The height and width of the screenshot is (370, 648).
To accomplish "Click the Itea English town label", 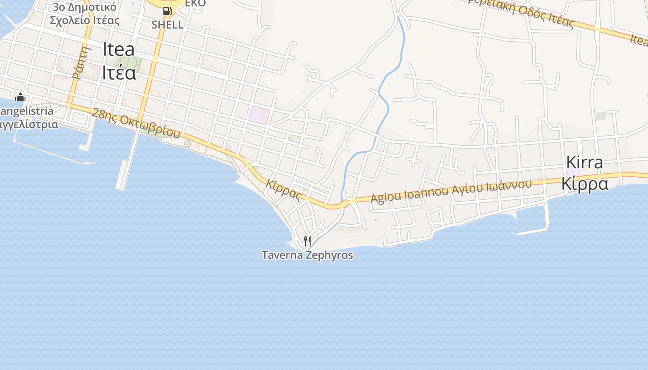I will pos(119,49).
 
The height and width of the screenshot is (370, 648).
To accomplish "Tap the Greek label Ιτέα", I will pos(119,72).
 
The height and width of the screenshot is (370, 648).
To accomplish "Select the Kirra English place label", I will pos(585,162).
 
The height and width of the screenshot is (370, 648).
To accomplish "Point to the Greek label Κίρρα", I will pos(585,183).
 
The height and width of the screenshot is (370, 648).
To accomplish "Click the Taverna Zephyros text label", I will pos(307,255).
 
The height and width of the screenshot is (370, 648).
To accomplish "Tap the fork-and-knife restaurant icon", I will pos(307,241).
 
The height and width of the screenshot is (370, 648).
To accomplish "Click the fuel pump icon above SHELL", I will pos(168,11).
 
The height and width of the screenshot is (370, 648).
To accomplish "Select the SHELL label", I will pos(168,25).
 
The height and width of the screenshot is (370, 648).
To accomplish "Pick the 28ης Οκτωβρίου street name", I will pos(136,123).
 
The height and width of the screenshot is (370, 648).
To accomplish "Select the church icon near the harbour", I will pos(20,98).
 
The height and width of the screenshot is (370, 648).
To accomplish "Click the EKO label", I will pos(195,3).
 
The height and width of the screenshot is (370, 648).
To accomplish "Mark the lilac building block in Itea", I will pos(259,115).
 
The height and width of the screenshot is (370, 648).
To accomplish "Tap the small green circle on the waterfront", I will pos(187,144).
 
